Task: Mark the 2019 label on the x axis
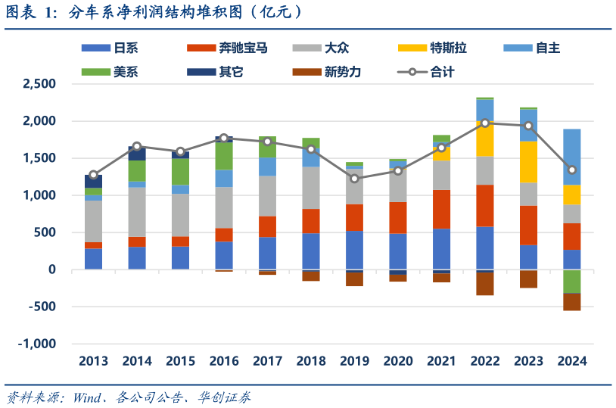[x=354, y=361]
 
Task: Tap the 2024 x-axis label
[x=572, y=361]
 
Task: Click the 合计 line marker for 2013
[x=93, y=175]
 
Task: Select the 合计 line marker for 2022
[x=485, y=123]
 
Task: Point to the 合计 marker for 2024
[x=572, y=170]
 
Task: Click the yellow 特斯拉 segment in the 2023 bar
[x=528, y=162]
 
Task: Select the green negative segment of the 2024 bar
[x=572, y=281]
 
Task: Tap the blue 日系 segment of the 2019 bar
[x=354, y=250]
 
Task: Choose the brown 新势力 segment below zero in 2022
[x=485, y=283]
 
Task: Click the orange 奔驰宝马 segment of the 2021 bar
[x=441, y=209]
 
